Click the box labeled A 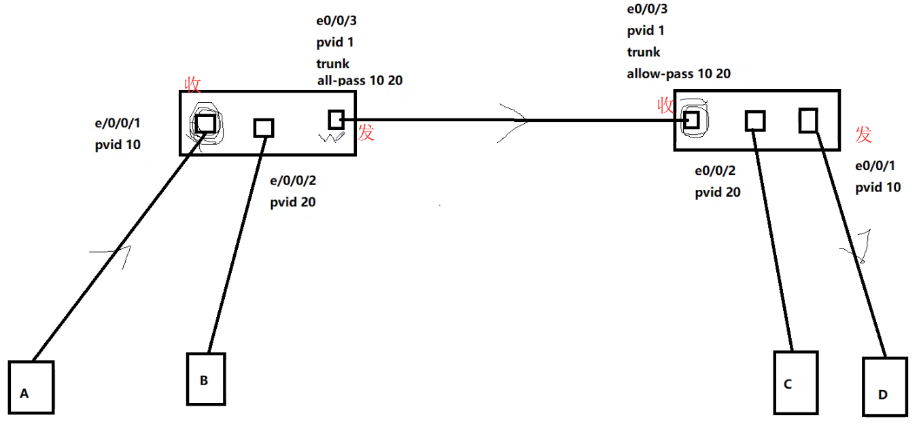31,387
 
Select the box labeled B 205,379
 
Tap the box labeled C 795,382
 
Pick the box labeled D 884,387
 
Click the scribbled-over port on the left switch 205,123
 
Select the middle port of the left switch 264,128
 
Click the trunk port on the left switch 336,120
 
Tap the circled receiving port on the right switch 691,120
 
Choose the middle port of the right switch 754,120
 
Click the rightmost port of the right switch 808,120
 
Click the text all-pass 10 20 360,80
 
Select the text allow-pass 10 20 678,74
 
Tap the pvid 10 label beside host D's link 878,187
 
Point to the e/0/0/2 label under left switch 293,181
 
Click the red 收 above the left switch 193,84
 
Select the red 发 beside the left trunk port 366,132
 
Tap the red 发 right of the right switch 863,135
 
